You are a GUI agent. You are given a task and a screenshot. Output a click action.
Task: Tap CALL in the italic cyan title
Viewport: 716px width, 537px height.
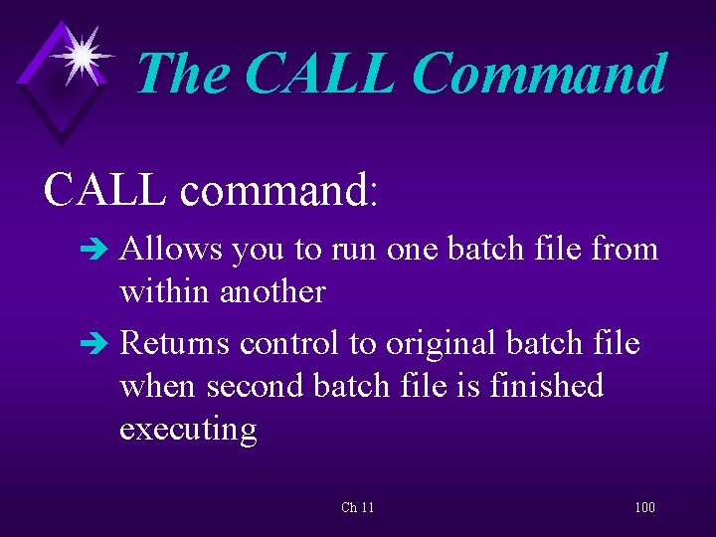(x=318, y=75)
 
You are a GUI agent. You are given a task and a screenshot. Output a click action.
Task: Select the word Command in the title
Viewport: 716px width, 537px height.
(x=538, y=75)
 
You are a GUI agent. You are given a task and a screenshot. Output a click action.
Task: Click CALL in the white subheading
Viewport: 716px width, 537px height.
(x=104, y=188)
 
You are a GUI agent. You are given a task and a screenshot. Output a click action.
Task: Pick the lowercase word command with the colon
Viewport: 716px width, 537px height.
(x=279, y=188)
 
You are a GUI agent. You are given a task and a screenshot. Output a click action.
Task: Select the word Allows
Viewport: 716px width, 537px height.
(x=171, y=249)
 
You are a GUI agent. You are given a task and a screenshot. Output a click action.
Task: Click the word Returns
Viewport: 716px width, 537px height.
(x=175, y=344)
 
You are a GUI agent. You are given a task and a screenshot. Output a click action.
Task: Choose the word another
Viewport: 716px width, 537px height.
(x=272, y=291)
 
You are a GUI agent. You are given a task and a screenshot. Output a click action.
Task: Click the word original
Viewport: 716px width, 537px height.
(x=442, y=344)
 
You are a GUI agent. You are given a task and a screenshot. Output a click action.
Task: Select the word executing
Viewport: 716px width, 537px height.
(x=188, y=430)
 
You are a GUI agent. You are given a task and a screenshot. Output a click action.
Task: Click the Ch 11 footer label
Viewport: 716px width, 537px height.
(x=357, y=508)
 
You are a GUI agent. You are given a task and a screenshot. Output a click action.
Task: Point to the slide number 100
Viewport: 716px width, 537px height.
(x=644, y=508)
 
